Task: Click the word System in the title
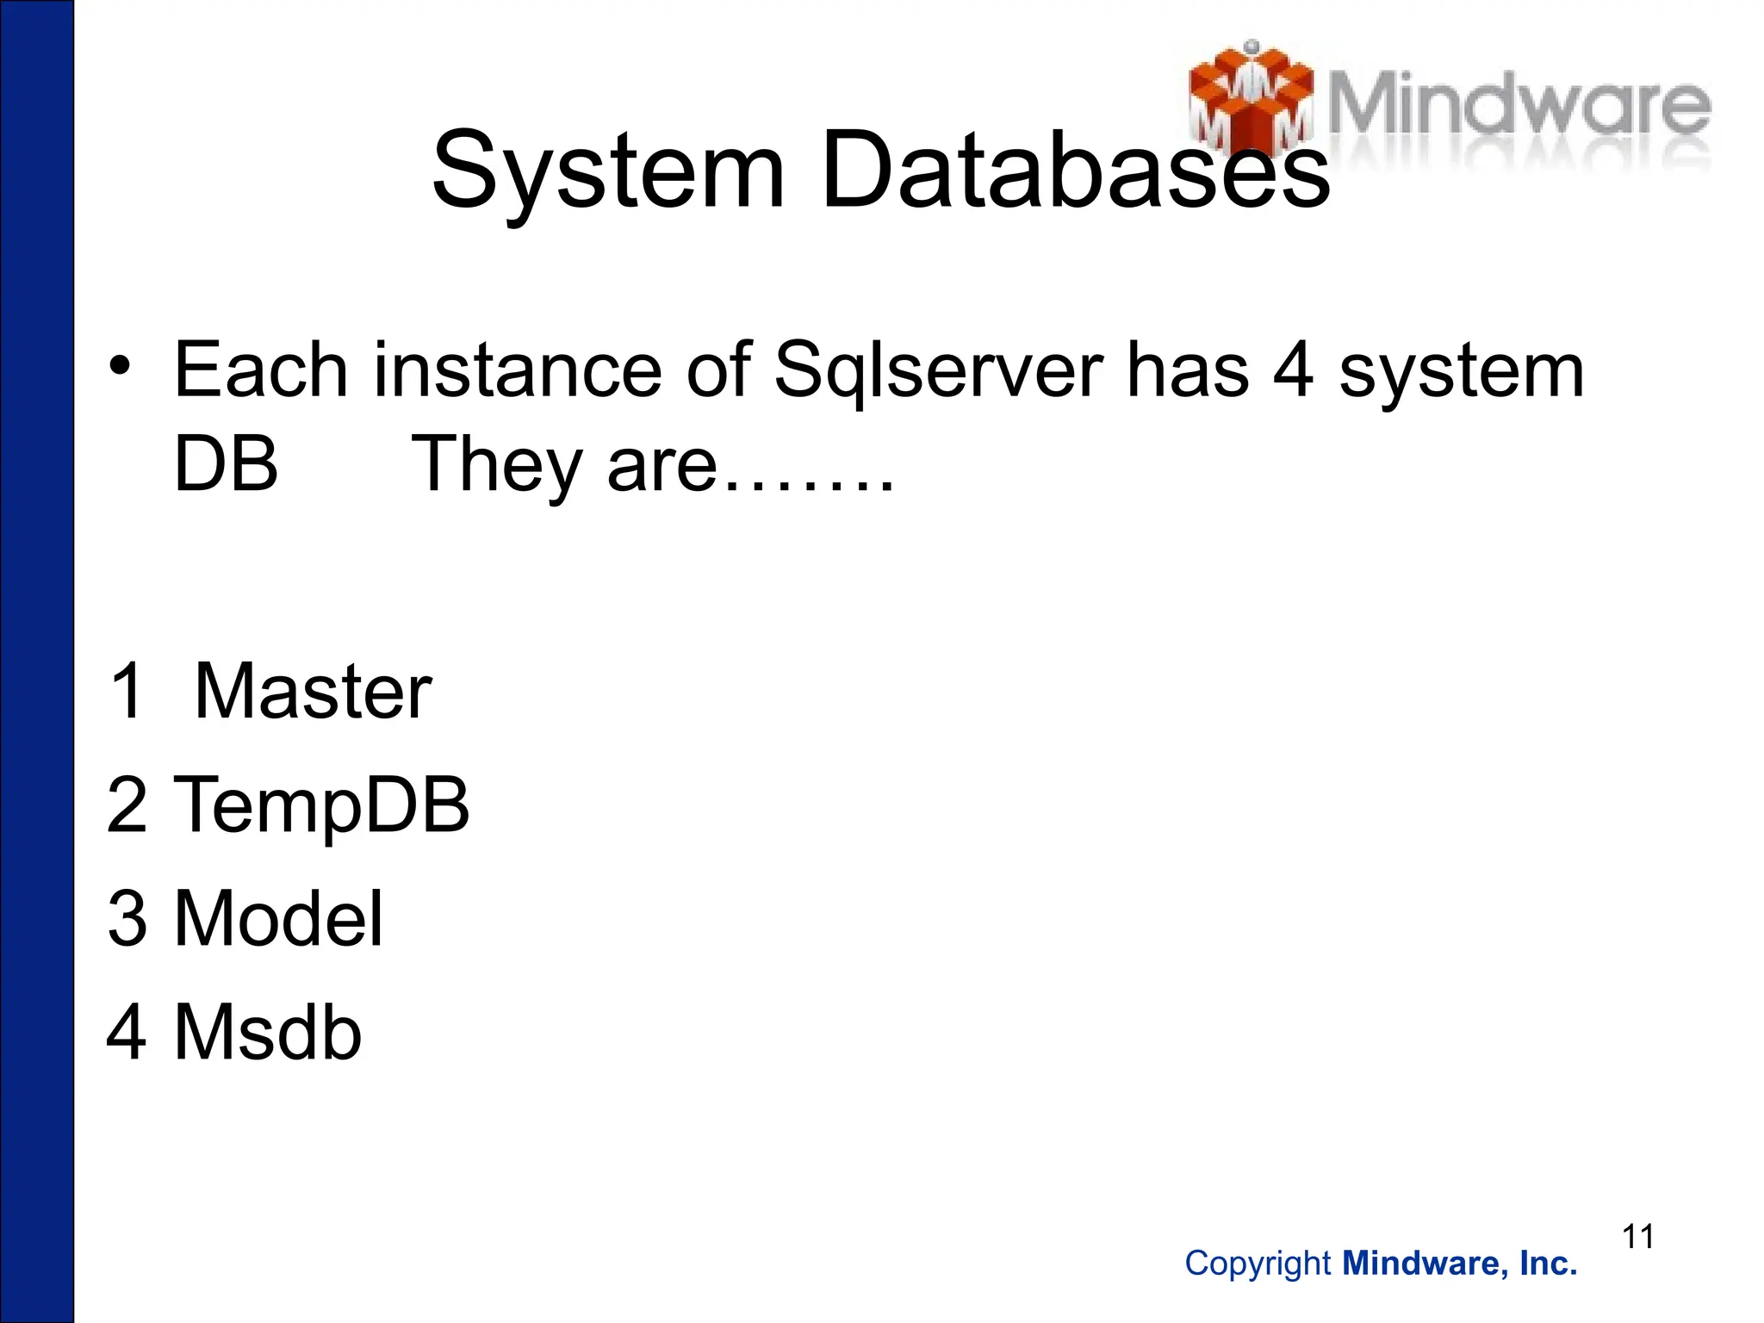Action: [x=608, y=170]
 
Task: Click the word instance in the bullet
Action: [x=518, y=370]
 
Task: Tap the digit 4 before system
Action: [x=1293, y=370]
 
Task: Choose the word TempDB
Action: [x=321, y=806]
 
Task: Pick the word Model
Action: [x=278, y=919]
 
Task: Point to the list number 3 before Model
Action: [x=127, y=919]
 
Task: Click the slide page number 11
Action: [x=1637, y=1237]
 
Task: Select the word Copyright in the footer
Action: [x=1258, y=1264]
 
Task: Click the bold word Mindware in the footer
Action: [x=1422, y=1264]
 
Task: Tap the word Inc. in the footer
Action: [x=1548, y=1264]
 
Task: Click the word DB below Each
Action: [x=226, y=464]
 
